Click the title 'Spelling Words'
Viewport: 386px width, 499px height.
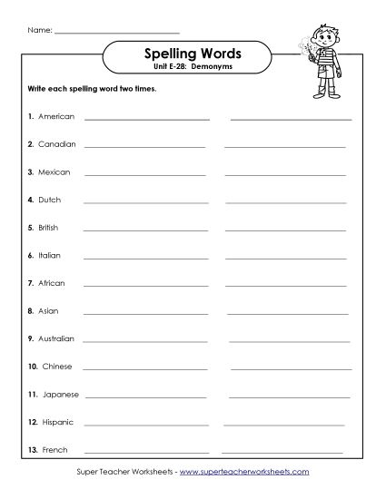(193, 54)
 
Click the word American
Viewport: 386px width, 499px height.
(56, 116)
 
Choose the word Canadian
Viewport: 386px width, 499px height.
(56, 144)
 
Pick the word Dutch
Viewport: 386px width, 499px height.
(50, 200)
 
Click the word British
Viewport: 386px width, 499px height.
(50, 227)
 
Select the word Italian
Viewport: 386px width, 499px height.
(50, 255)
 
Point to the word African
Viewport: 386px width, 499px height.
(52, 283)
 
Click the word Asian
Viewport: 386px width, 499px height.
(48, 310)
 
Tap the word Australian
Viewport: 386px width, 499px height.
(58, 338)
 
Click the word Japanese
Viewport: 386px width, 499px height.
(59, 394)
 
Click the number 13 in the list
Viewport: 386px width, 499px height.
(32, 450)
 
